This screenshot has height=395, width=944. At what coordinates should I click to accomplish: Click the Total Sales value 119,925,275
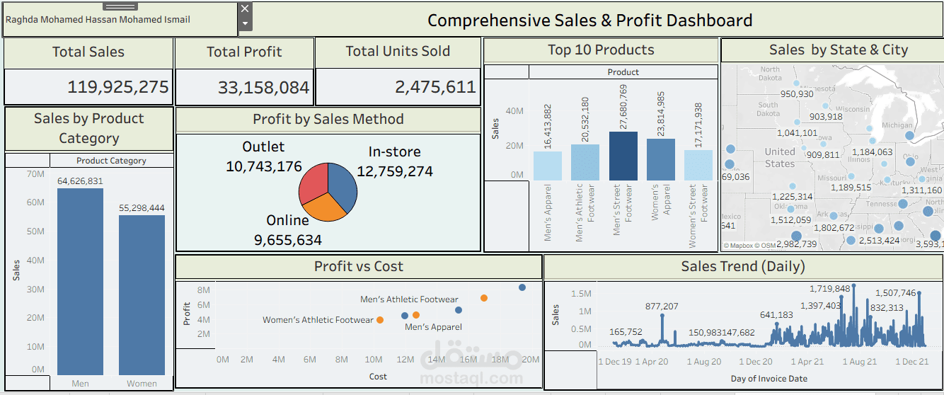(117, 87)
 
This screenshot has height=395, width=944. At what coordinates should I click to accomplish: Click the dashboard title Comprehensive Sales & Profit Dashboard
(589, 20)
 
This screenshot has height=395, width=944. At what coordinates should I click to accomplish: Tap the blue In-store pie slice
(343, 187)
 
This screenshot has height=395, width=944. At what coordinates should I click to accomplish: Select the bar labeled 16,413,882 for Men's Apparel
(548, 166)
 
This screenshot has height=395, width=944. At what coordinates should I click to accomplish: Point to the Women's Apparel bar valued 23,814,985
(661, 159)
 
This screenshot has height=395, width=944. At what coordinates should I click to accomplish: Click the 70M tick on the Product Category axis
(35, 173)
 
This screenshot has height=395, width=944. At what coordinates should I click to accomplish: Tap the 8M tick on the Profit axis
(203, 290)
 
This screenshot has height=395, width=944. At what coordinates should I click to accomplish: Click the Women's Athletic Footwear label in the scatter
(318, 320)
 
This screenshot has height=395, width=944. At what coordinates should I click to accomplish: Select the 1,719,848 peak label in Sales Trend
(830, 289)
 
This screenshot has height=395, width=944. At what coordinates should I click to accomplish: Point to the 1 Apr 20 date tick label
(651, 362)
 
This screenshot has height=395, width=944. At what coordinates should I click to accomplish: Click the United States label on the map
(780, 157)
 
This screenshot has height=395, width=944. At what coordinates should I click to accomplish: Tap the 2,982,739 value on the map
(796, 244)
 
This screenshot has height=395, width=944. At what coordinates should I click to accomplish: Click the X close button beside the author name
(245, 8)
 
